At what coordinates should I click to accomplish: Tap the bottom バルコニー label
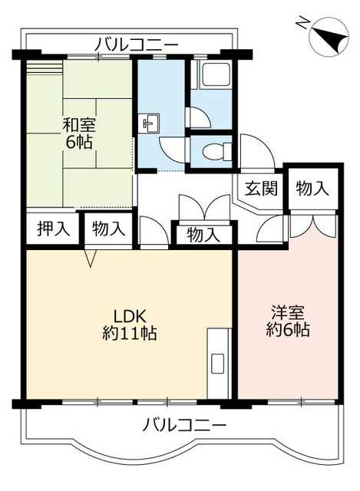point(184,424)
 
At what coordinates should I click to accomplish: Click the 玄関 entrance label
point(260,188)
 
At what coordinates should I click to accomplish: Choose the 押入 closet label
point(51,228)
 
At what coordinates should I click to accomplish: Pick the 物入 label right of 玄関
point(312,188)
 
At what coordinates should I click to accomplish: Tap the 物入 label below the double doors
point(203,235)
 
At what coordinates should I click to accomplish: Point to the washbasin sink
point(150,122)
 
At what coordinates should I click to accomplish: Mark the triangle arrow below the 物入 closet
point(91,260)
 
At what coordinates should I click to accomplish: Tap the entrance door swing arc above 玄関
point(252,150)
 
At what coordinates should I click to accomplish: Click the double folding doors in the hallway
point(203,208)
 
